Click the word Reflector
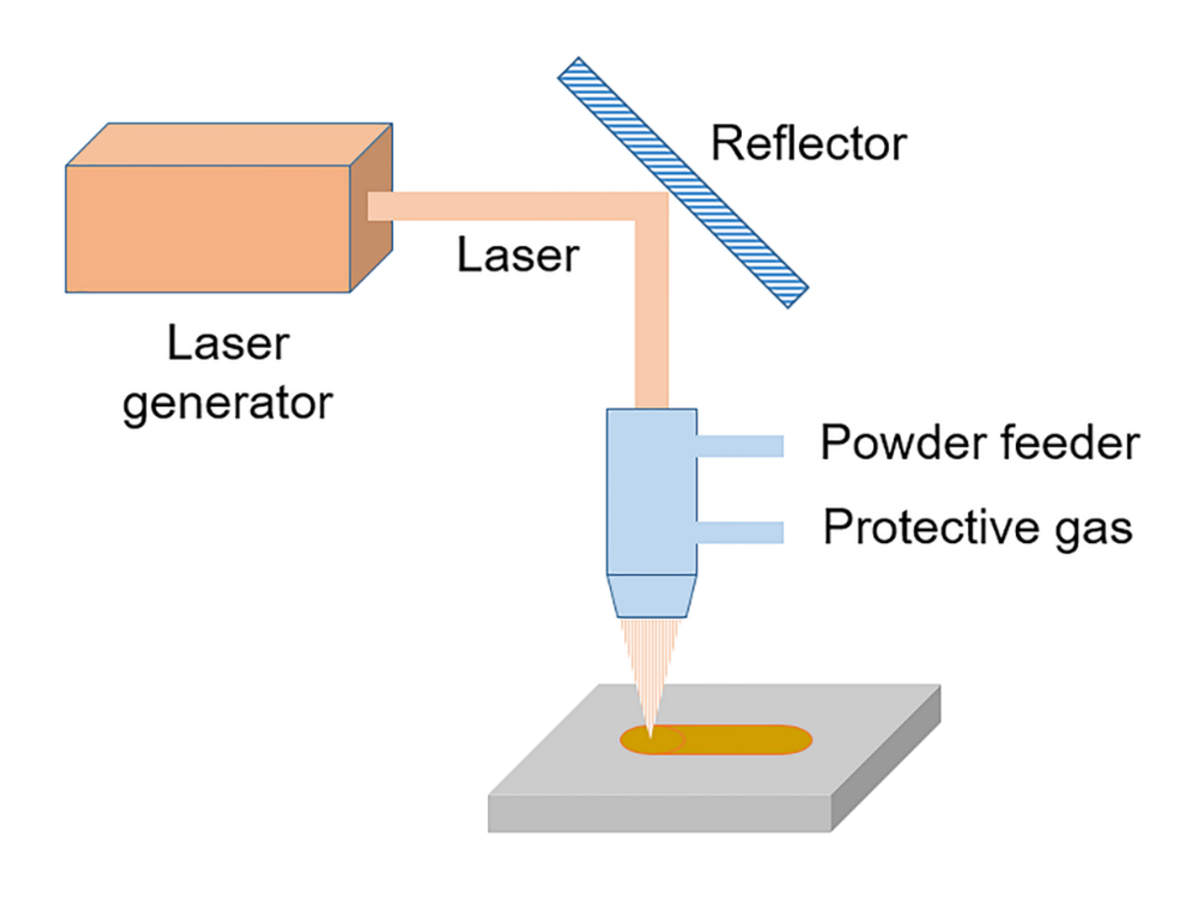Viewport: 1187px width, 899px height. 808,144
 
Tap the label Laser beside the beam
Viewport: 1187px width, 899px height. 517,256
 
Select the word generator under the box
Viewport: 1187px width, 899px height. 228,404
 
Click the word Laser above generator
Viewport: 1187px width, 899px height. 228,344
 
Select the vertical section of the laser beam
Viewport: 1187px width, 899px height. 652,322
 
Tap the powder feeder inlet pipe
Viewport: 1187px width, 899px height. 740,446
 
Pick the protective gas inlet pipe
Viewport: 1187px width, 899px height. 740,533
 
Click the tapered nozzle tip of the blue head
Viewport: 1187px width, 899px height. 652,596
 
